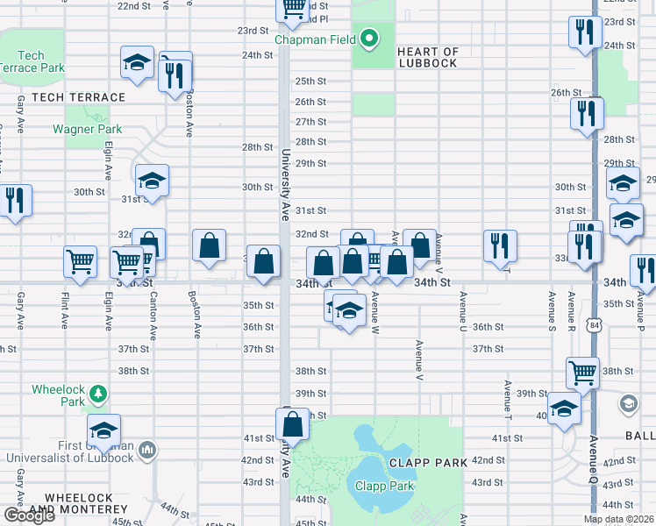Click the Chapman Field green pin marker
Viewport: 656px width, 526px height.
369,39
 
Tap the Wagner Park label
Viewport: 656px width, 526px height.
87,129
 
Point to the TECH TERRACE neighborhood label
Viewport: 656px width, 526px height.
78,97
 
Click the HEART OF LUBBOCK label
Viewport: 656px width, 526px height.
427,58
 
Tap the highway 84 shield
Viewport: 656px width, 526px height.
595,325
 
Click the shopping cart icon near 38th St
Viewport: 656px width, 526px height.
582,373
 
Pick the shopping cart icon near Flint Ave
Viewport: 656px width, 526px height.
80,262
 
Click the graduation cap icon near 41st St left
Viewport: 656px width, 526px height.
103,430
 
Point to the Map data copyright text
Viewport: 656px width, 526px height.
618,519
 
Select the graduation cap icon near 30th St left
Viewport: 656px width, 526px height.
152,181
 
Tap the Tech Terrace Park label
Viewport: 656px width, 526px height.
32,62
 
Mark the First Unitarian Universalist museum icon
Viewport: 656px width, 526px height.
146,451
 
